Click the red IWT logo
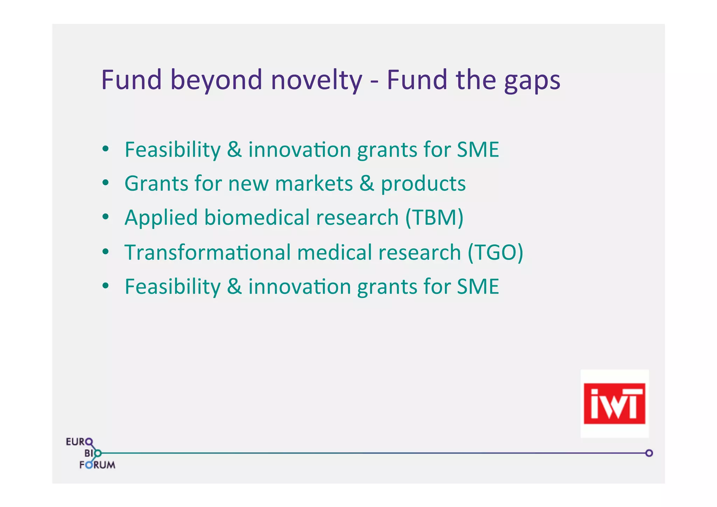[614, 403]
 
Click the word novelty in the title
[316, 80]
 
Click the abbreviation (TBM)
[434, 218]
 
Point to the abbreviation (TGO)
[495, 252]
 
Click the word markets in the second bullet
[314, 183]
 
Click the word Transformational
[207, 252]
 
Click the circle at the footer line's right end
[649, 453]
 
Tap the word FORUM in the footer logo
[97, 465]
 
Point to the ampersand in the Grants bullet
[366, 183]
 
